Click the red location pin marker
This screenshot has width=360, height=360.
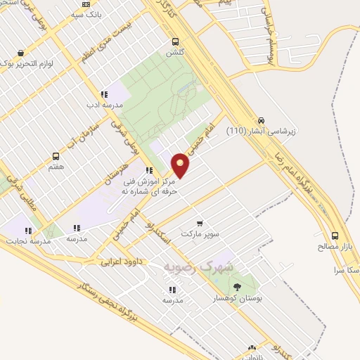click(x=181, y=165)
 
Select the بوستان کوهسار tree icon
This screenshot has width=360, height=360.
click(x=237, y=287)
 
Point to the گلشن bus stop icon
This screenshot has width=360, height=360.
click(x=175, y=41)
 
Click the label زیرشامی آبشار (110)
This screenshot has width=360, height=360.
click(x=262, y=131)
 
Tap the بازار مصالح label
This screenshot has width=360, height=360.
click(x=334, y=247)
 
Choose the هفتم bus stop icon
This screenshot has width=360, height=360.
click(x=56, y=157)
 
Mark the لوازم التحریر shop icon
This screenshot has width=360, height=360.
click(x=21, y=53)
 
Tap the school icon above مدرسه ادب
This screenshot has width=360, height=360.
click(x=104, y=94)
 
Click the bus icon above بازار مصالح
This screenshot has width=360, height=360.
click(x=335, y=236)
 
